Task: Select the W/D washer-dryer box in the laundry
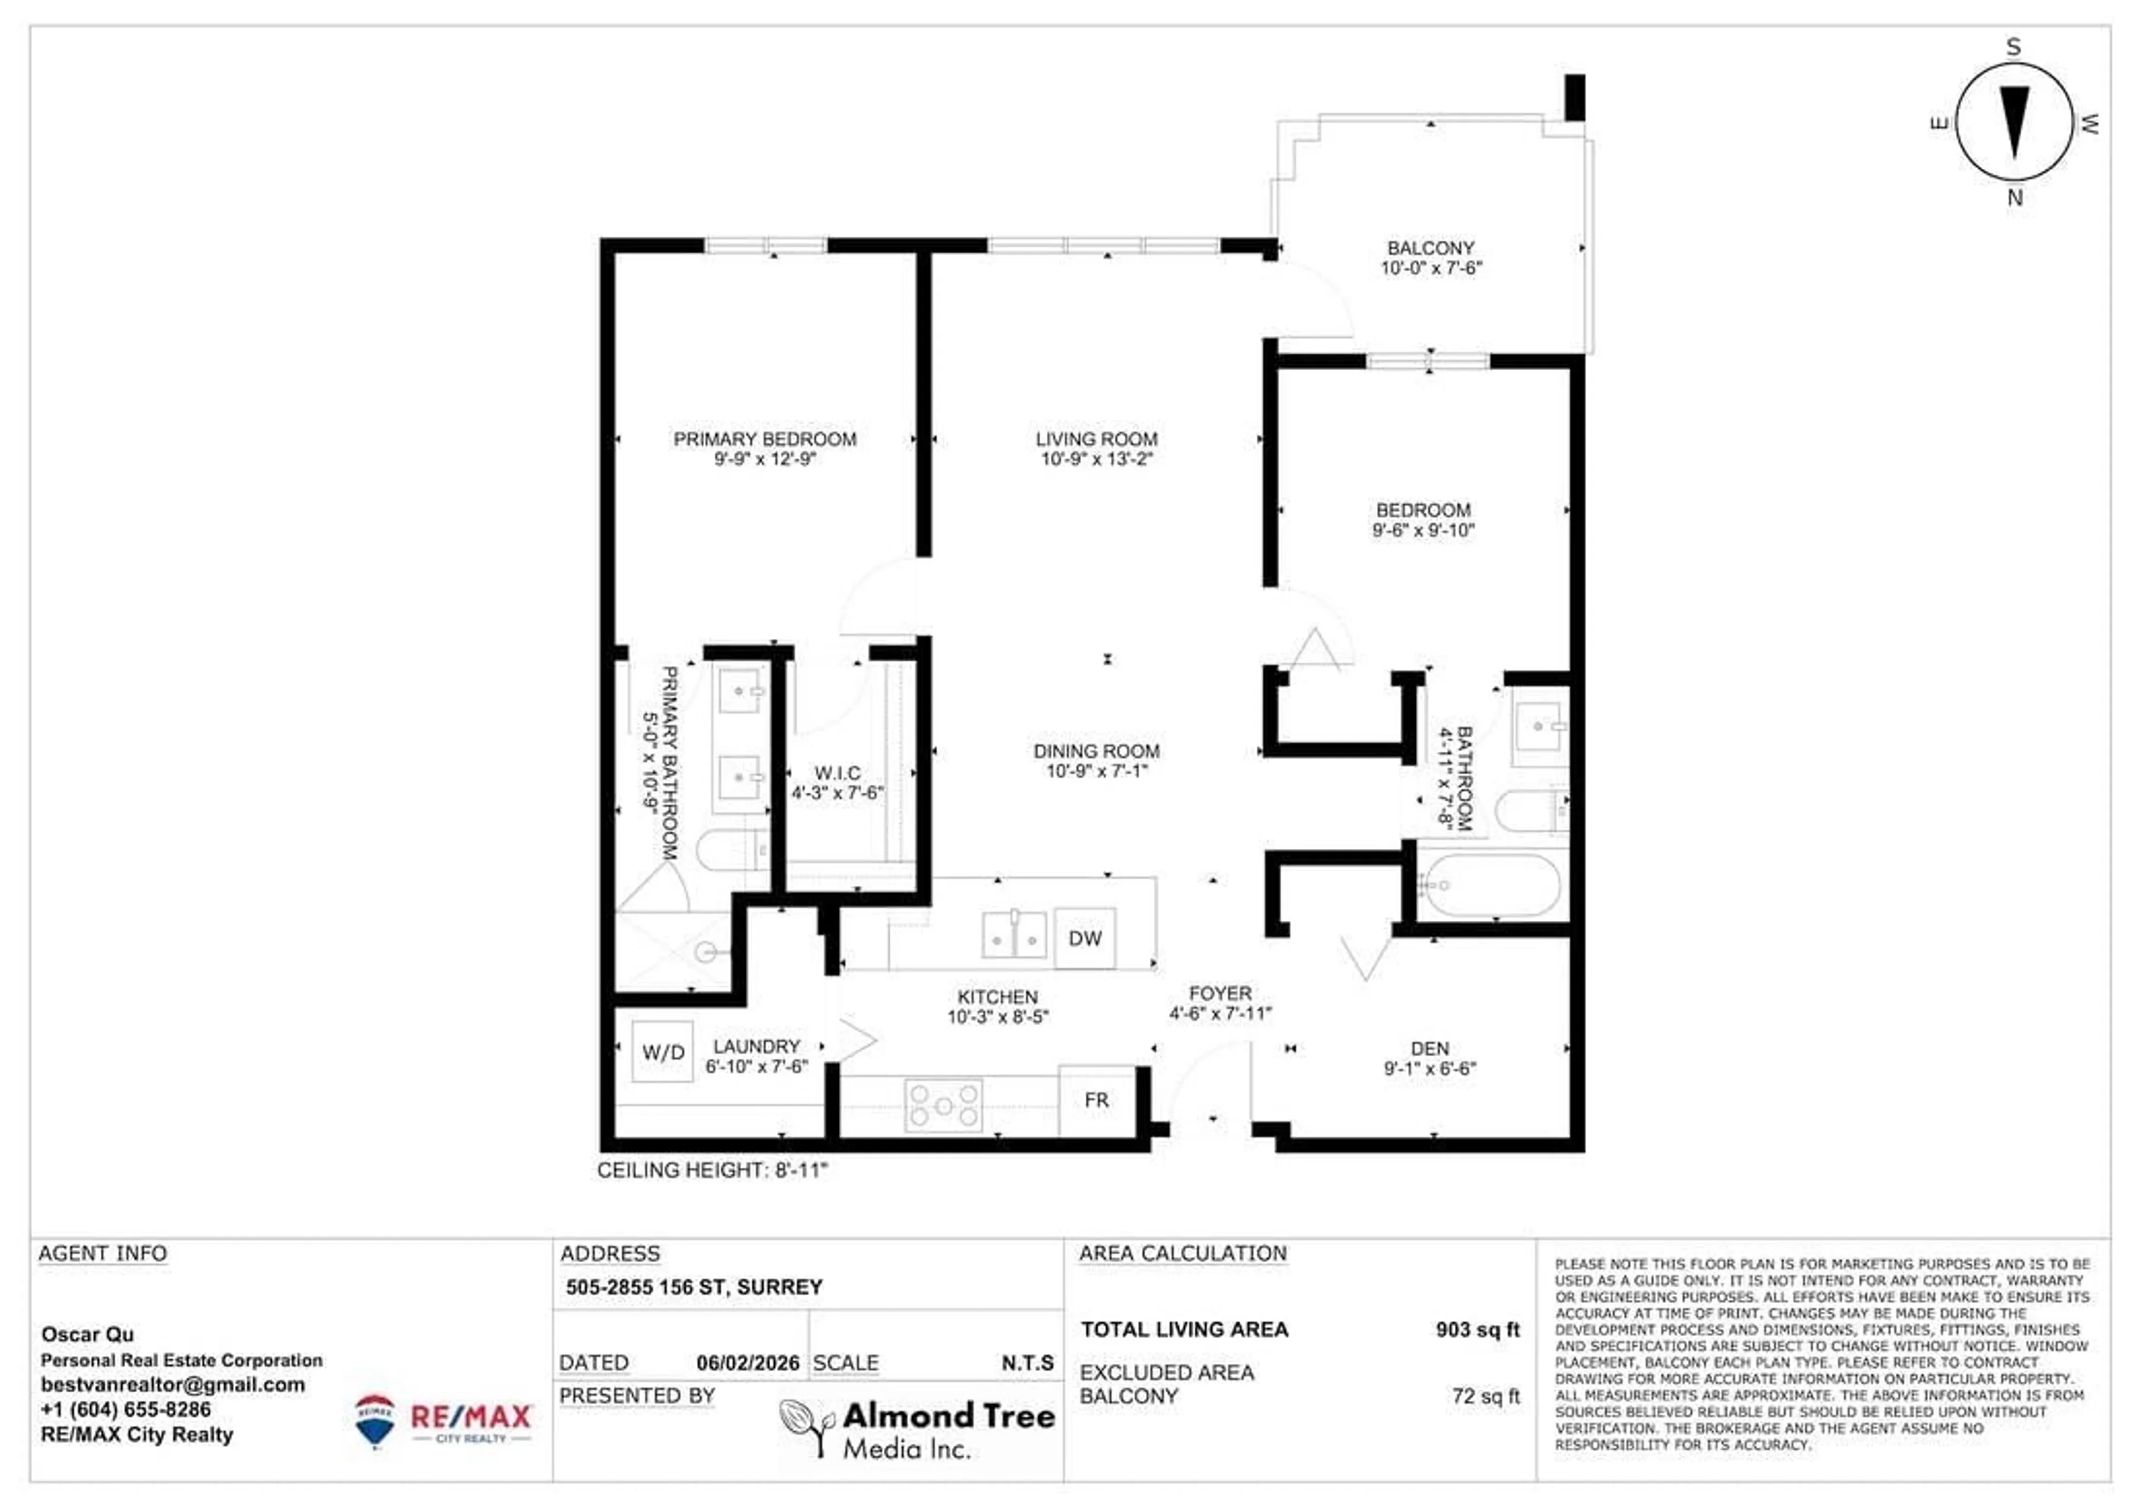point(663,1052)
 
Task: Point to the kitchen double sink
point(1013,935)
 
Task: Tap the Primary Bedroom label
point(765,439)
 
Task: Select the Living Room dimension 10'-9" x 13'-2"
point(1096,459)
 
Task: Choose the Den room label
point(1430,1048)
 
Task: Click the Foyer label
point(1219,993)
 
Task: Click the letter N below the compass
point(2015,198)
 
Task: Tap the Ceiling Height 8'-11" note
point(712,1170)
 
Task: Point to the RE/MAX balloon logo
point(375,1420)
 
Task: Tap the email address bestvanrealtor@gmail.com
point(173,1385)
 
